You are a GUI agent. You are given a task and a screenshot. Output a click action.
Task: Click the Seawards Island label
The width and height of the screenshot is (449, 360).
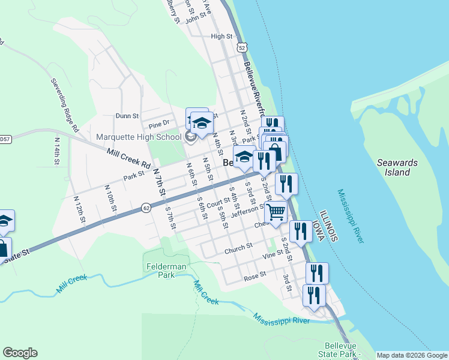click(x=393, y=167)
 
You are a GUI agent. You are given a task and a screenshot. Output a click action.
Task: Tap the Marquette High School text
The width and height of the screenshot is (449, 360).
click(x=139, y=137)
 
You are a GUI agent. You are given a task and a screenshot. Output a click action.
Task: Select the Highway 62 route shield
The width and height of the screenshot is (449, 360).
click(x=146, y=208)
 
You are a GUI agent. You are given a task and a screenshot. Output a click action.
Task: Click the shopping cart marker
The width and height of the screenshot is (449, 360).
click(x=276, y=212)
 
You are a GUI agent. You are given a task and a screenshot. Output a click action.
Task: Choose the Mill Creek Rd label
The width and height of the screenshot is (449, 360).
click(x=128, y=158)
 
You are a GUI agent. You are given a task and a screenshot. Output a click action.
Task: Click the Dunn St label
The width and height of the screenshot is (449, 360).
click(x=127, y=116)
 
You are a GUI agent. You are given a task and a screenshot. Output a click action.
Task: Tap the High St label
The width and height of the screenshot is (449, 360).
click(x=221, y=37)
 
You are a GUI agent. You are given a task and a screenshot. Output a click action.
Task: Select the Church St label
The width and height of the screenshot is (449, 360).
click(x=238, y=248)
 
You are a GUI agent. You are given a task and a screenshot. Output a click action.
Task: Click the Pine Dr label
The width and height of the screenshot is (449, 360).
click(x=159, y=125)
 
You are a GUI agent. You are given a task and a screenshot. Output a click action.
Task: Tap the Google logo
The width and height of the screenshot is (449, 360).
click(x=20, y=353)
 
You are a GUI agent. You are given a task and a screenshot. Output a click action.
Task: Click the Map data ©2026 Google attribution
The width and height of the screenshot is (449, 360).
click(x=412, y=355)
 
